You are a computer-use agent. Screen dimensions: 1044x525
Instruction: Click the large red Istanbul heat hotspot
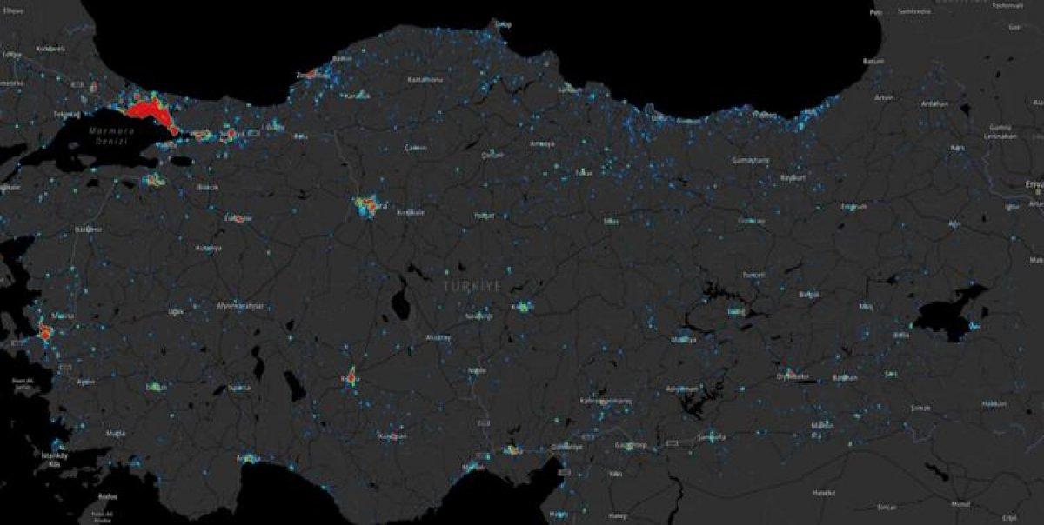pos(151,112)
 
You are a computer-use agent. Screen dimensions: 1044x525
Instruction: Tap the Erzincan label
pos(751,221)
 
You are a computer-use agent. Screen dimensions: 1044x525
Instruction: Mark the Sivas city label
pos(612,220)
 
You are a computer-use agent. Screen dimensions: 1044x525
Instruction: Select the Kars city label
pos(960,148)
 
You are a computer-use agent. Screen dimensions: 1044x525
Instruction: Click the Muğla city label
pos(115,432)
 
